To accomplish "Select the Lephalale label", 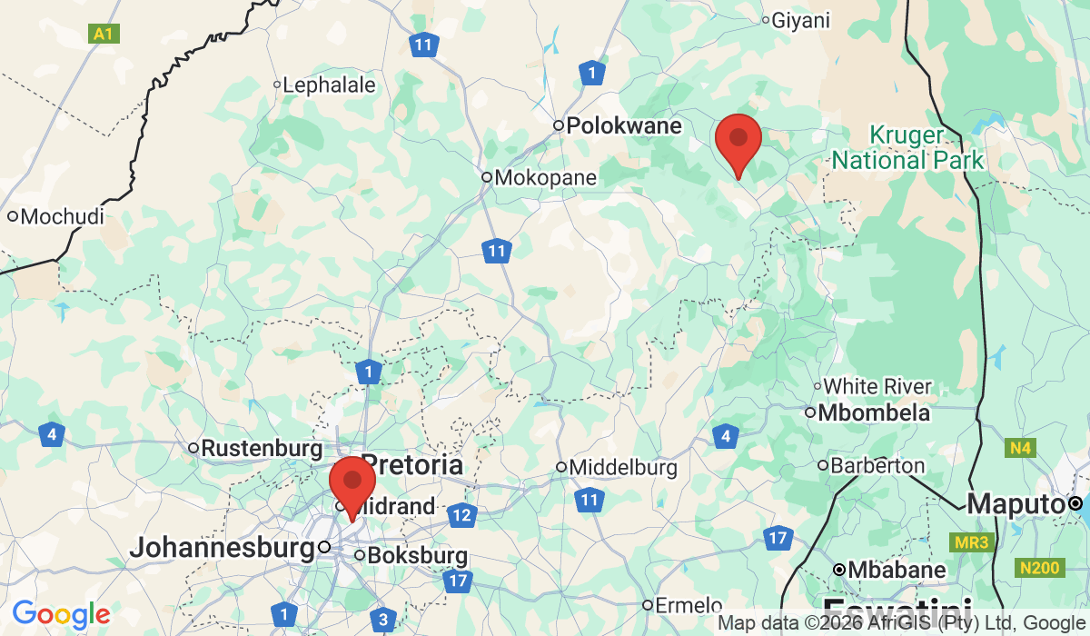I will [x=329, y=85].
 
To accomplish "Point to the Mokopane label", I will [x=545, y=177].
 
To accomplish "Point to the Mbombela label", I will [x=874, y=412].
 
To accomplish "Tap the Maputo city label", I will [x=1016, y=503].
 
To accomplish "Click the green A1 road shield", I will [x=104, y=35].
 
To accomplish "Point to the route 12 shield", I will [x=462, y=515].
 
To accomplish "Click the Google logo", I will [x=61, y=614].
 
